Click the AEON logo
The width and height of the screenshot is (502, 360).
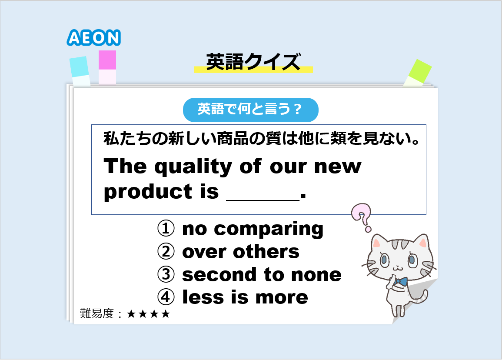pos(93,37)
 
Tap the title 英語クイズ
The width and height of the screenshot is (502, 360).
pos(253,62)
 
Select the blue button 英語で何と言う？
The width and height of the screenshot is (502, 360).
pos(250,110)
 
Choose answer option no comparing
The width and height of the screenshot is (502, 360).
pos(253,229)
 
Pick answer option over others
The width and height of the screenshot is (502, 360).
pos(241,252)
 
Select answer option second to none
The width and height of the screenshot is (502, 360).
pos(262,274)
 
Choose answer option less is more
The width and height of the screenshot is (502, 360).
pos(245,297)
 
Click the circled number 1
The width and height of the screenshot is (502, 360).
pos(166,228)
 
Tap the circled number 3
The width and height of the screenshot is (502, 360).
pos(166,274)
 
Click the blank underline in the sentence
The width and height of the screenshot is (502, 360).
pos(263,200)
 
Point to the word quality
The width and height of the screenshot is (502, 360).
pos(193,167)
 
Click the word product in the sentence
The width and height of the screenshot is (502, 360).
pos(148,192)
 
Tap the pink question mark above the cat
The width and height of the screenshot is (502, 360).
pos(362,217)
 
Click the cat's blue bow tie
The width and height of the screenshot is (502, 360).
pos(401,282)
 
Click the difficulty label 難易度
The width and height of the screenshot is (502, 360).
pos(96,313)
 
